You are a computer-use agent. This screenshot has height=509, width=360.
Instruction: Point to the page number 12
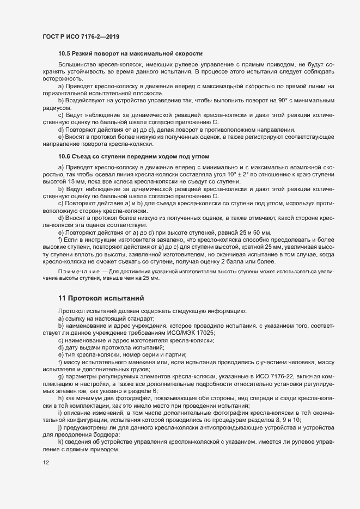click(45, 463)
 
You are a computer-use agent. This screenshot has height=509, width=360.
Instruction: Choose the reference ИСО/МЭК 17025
click(188, 333)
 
